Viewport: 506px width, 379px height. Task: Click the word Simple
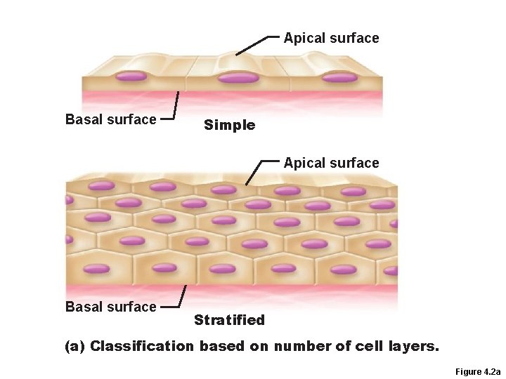click(229, 126)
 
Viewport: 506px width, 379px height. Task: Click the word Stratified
click(229, 321)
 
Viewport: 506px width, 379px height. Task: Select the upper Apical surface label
click(331, 38)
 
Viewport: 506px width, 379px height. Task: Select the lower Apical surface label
click(331, 163)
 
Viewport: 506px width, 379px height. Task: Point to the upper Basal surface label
click(110, 119)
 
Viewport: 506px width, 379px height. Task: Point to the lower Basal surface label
click(110, 307)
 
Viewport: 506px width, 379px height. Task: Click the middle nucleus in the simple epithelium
click(238, 77)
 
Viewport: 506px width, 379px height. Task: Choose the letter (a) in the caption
click(75, 346)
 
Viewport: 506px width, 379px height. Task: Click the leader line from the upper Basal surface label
click(174, 108)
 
